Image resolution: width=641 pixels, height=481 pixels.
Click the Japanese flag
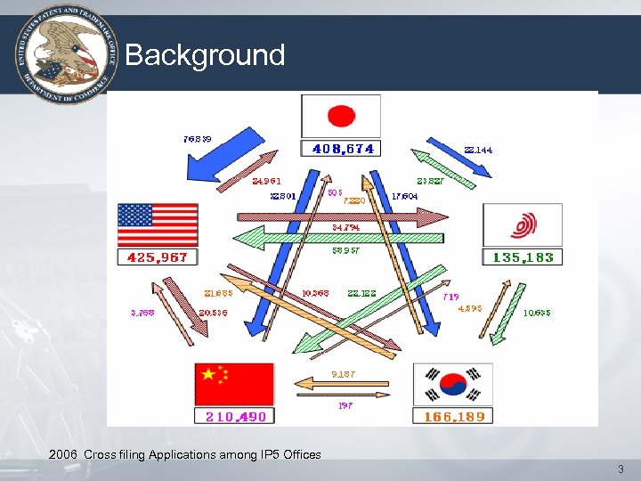(341, 115)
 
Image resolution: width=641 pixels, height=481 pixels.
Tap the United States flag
(158, 225)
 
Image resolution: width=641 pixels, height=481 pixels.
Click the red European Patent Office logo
(523, 225)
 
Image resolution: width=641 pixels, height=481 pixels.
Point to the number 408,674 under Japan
(343, 149)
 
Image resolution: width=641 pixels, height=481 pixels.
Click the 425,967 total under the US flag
(158, 257)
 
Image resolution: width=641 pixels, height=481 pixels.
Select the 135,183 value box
(523, 257)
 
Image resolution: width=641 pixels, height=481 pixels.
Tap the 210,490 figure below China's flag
(235, 416)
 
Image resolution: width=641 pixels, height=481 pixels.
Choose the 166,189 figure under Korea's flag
(453, 416)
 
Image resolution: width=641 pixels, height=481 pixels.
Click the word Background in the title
(205, 55)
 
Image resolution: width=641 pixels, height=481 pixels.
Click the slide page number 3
(621, 469)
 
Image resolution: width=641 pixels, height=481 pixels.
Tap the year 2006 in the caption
(63, 454)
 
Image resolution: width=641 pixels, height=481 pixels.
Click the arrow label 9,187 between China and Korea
(343, 374)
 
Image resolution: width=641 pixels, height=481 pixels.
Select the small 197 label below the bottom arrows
(345, 405)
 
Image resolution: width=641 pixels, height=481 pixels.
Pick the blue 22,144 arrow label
(478, 150)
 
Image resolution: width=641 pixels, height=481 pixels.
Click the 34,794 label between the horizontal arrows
(345, 227)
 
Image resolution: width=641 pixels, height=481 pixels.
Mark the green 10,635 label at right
(537, 313)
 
